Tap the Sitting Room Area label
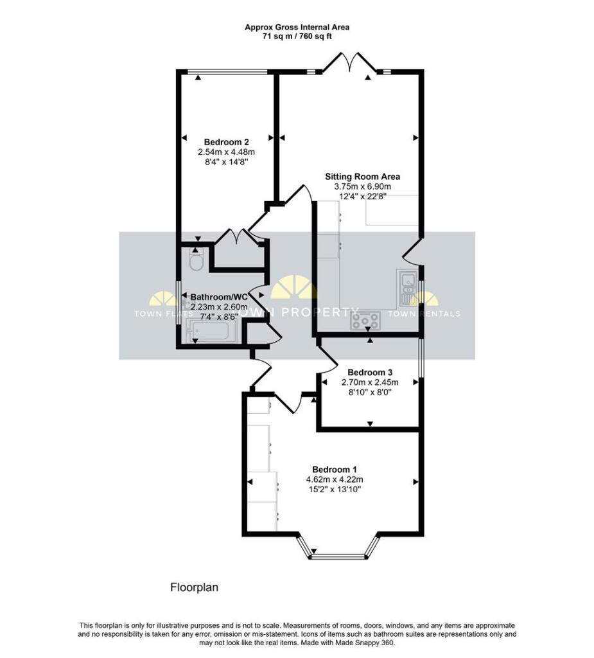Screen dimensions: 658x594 [362, 176]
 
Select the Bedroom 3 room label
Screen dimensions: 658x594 [369, 372]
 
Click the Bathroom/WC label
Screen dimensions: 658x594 [219, 298]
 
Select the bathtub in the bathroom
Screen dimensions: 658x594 [212, 332]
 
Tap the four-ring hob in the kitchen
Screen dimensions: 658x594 [366, 320]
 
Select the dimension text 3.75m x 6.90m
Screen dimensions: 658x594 [362, 186]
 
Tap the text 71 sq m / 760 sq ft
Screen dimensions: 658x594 [297, 37]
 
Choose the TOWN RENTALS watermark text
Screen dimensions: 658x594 [436, 314]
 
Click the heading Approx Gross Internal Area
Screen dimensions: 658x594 [297, 27]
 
